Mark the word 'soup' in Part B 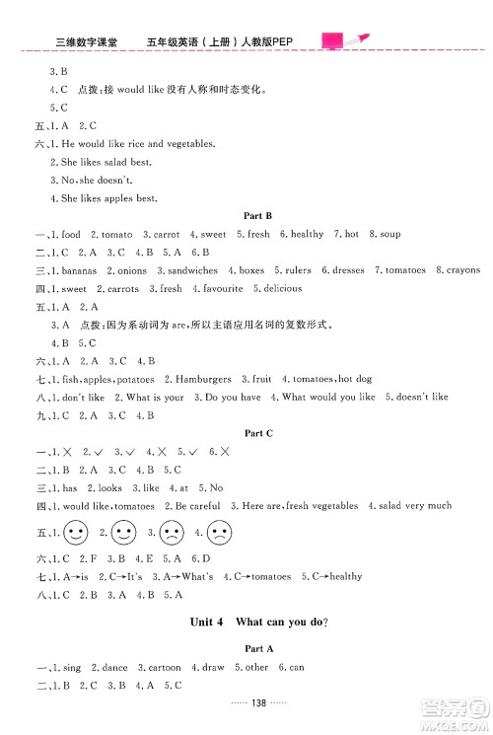(389, 234)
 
